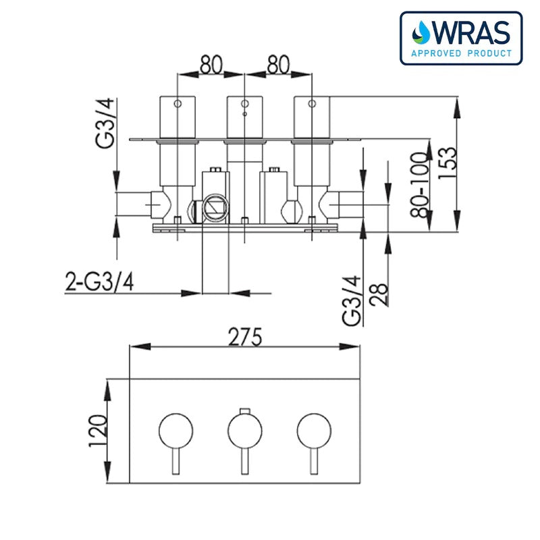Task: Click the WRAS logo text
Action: [x=473, y=32]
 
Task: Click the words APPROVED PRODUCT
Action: [x=460, y=53]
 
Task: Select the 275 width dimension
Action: [x=244, y=335]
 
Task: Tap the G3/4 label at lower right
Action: [x=352, y=301]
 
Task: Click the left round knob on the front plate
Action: [x=175, y=429]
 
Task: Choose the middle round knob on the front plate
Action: [x=244, y=429]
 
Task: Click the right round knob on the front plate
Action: [x=313, y=429]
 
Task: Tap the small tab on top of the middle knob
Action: [x=244, y=410]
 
